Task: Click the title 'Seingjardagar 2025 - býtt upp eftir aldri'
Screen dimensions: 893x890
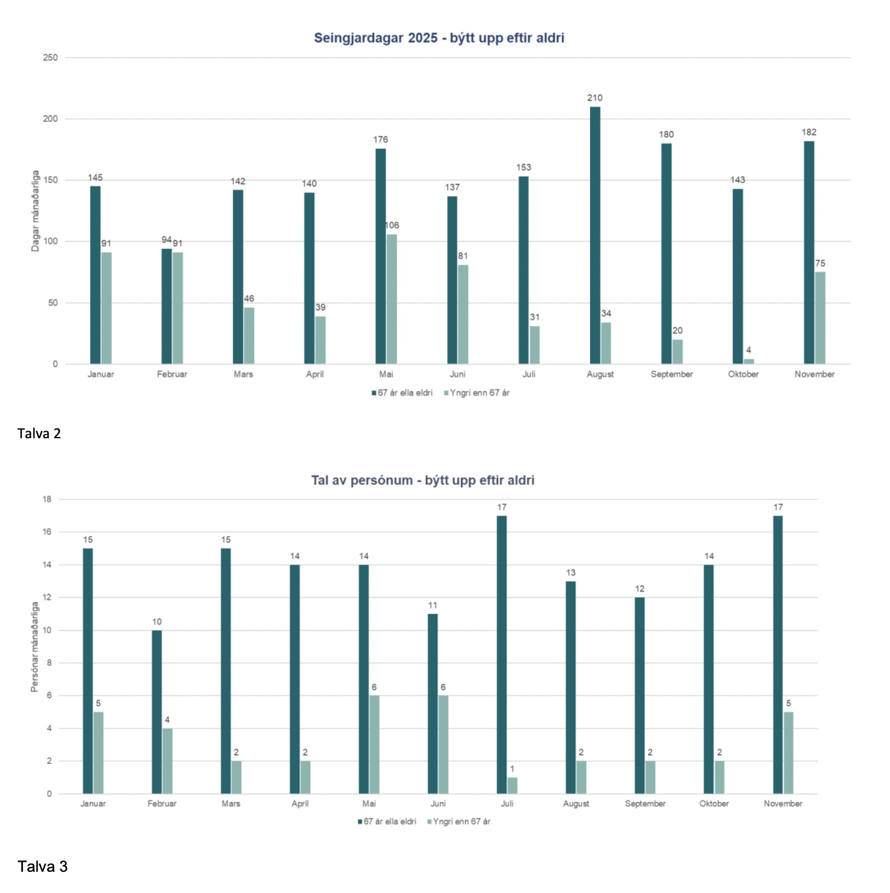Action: pos(439,38)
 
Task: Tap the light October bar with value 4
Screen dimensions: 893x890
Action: pos(748,361)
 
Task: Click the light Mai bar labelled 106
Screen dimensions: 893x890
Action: pos(392,298)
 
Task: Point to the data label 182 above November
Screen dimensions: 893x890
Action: pos(809,132)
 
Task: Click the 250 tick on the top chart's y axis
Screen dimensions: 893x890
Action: pos(51,58)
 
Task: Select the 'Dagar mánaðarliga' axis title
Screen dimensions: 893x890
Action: pos(35,211)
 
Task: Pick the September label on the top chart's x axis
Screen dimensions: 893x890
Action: pos(672,374)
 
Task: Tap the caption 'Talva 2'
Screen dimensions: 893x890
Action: pos(39,434)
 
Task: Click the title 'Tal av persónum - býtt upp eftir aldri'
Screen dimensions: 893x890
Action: pos(423,480)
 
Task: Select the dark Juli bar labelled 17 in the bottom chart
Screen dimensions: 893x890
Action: pos(502,655)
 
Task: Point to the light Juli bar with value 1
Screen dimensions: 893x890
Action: pos(512,785)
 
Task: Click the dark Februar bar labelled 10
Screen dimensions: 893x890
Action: pos(156,712)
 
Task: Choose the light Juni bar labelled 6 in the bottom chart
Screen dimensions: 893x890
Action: pos(443,744)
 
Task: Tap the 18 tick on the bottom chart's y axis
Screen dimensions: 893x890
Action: pos(47,499)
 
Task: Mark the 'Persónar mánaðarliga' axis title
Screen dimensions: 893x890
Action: pos(35,646)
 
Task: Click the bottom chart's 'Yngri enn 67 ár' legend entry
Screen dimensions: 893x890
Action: pos(461,821)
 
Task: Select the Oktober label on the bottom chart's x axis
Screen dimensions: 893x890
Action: pos(714,803)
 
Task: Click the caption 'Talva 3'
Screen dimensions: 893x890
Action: pos(42,866)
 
